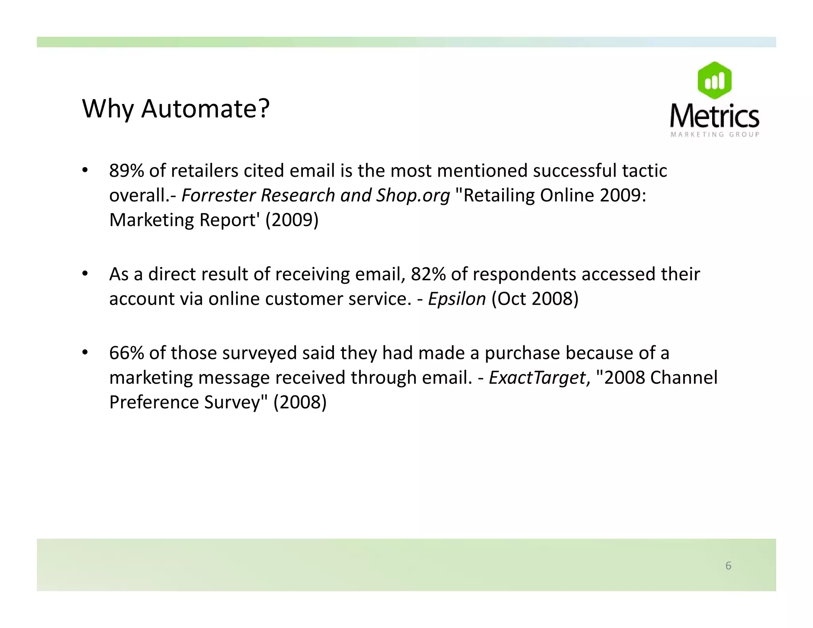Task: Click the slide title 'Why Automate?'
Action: (175, 108)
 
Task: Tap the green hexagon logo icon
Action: (714, 81)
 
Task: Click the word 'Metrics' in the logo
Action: (714, 116)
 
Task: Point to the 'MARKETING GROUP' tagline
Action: (715, 135)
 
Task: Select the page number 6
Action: (728, 565)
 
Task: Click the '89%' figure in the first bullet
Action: (126, 171)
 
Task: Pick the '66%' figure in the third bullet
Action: (126, 353)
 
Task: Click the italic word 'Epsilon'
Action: (457, 299)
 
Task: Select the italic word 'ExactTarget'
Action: (537, 378)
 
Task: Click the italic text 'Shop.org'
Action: (413, 195)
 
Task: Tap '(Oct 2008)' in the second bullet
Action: (535, 299)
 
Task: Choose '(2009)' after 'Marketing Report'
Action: (292, 220)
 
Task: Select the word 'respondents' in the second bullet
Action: (524, 274)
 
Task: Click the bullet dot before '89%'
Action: (85, 171)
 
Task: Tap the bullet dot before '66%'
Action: (85, 353)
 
